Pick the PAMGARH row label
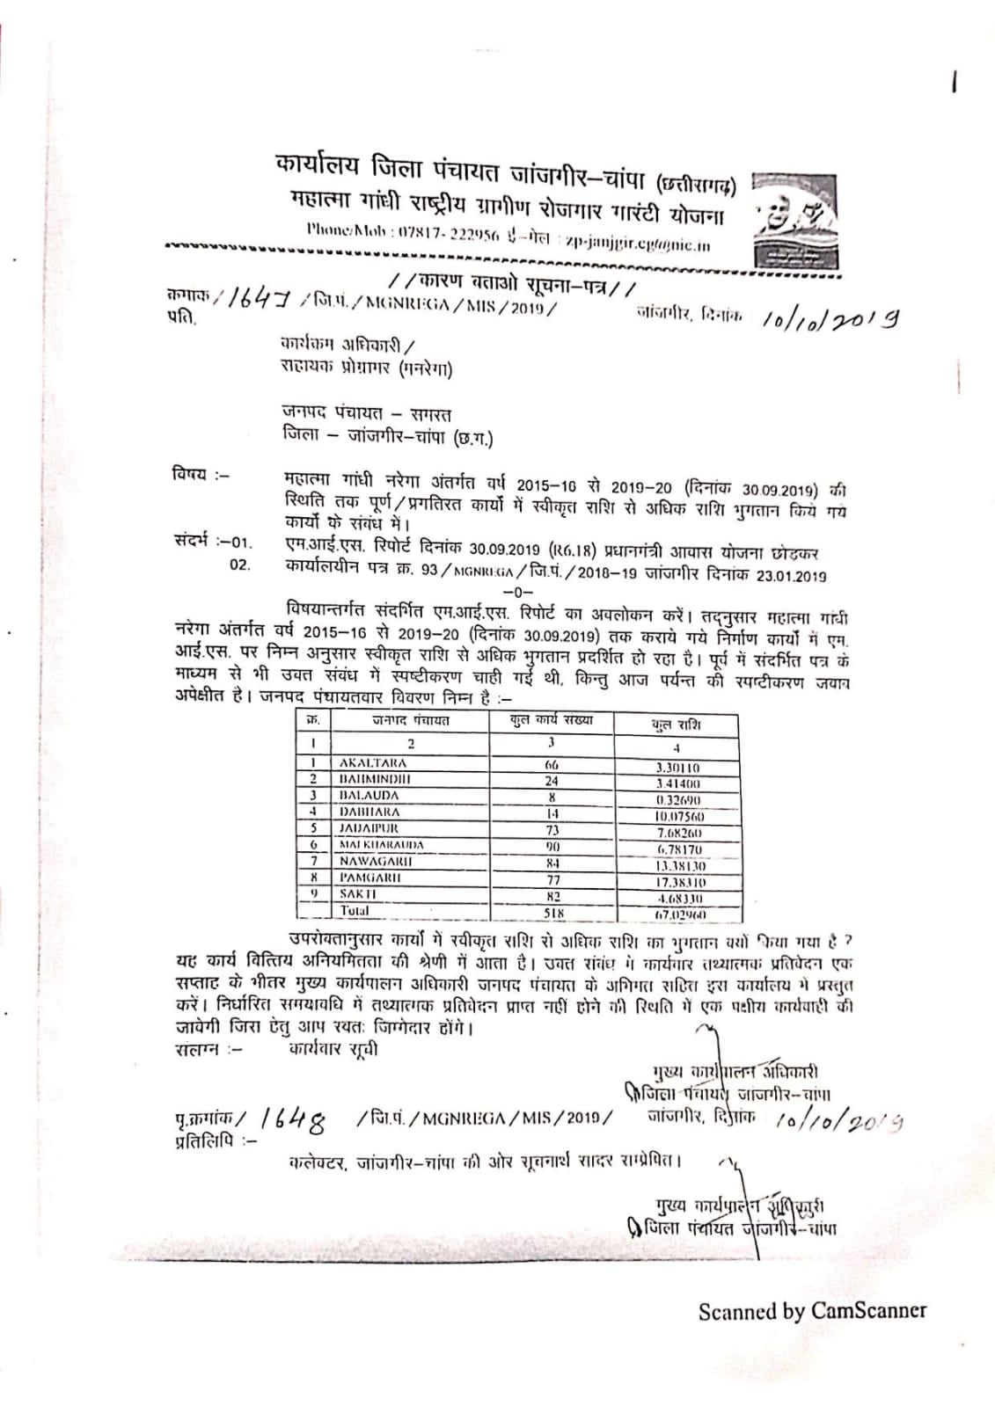pos(370,877)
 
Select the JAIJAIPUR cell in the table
pos(369,828)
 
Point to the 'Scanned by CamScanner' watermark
pos(811,1311)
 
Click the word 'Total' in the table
pos(355,911)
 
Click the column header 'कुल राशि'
pos(676,725)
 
